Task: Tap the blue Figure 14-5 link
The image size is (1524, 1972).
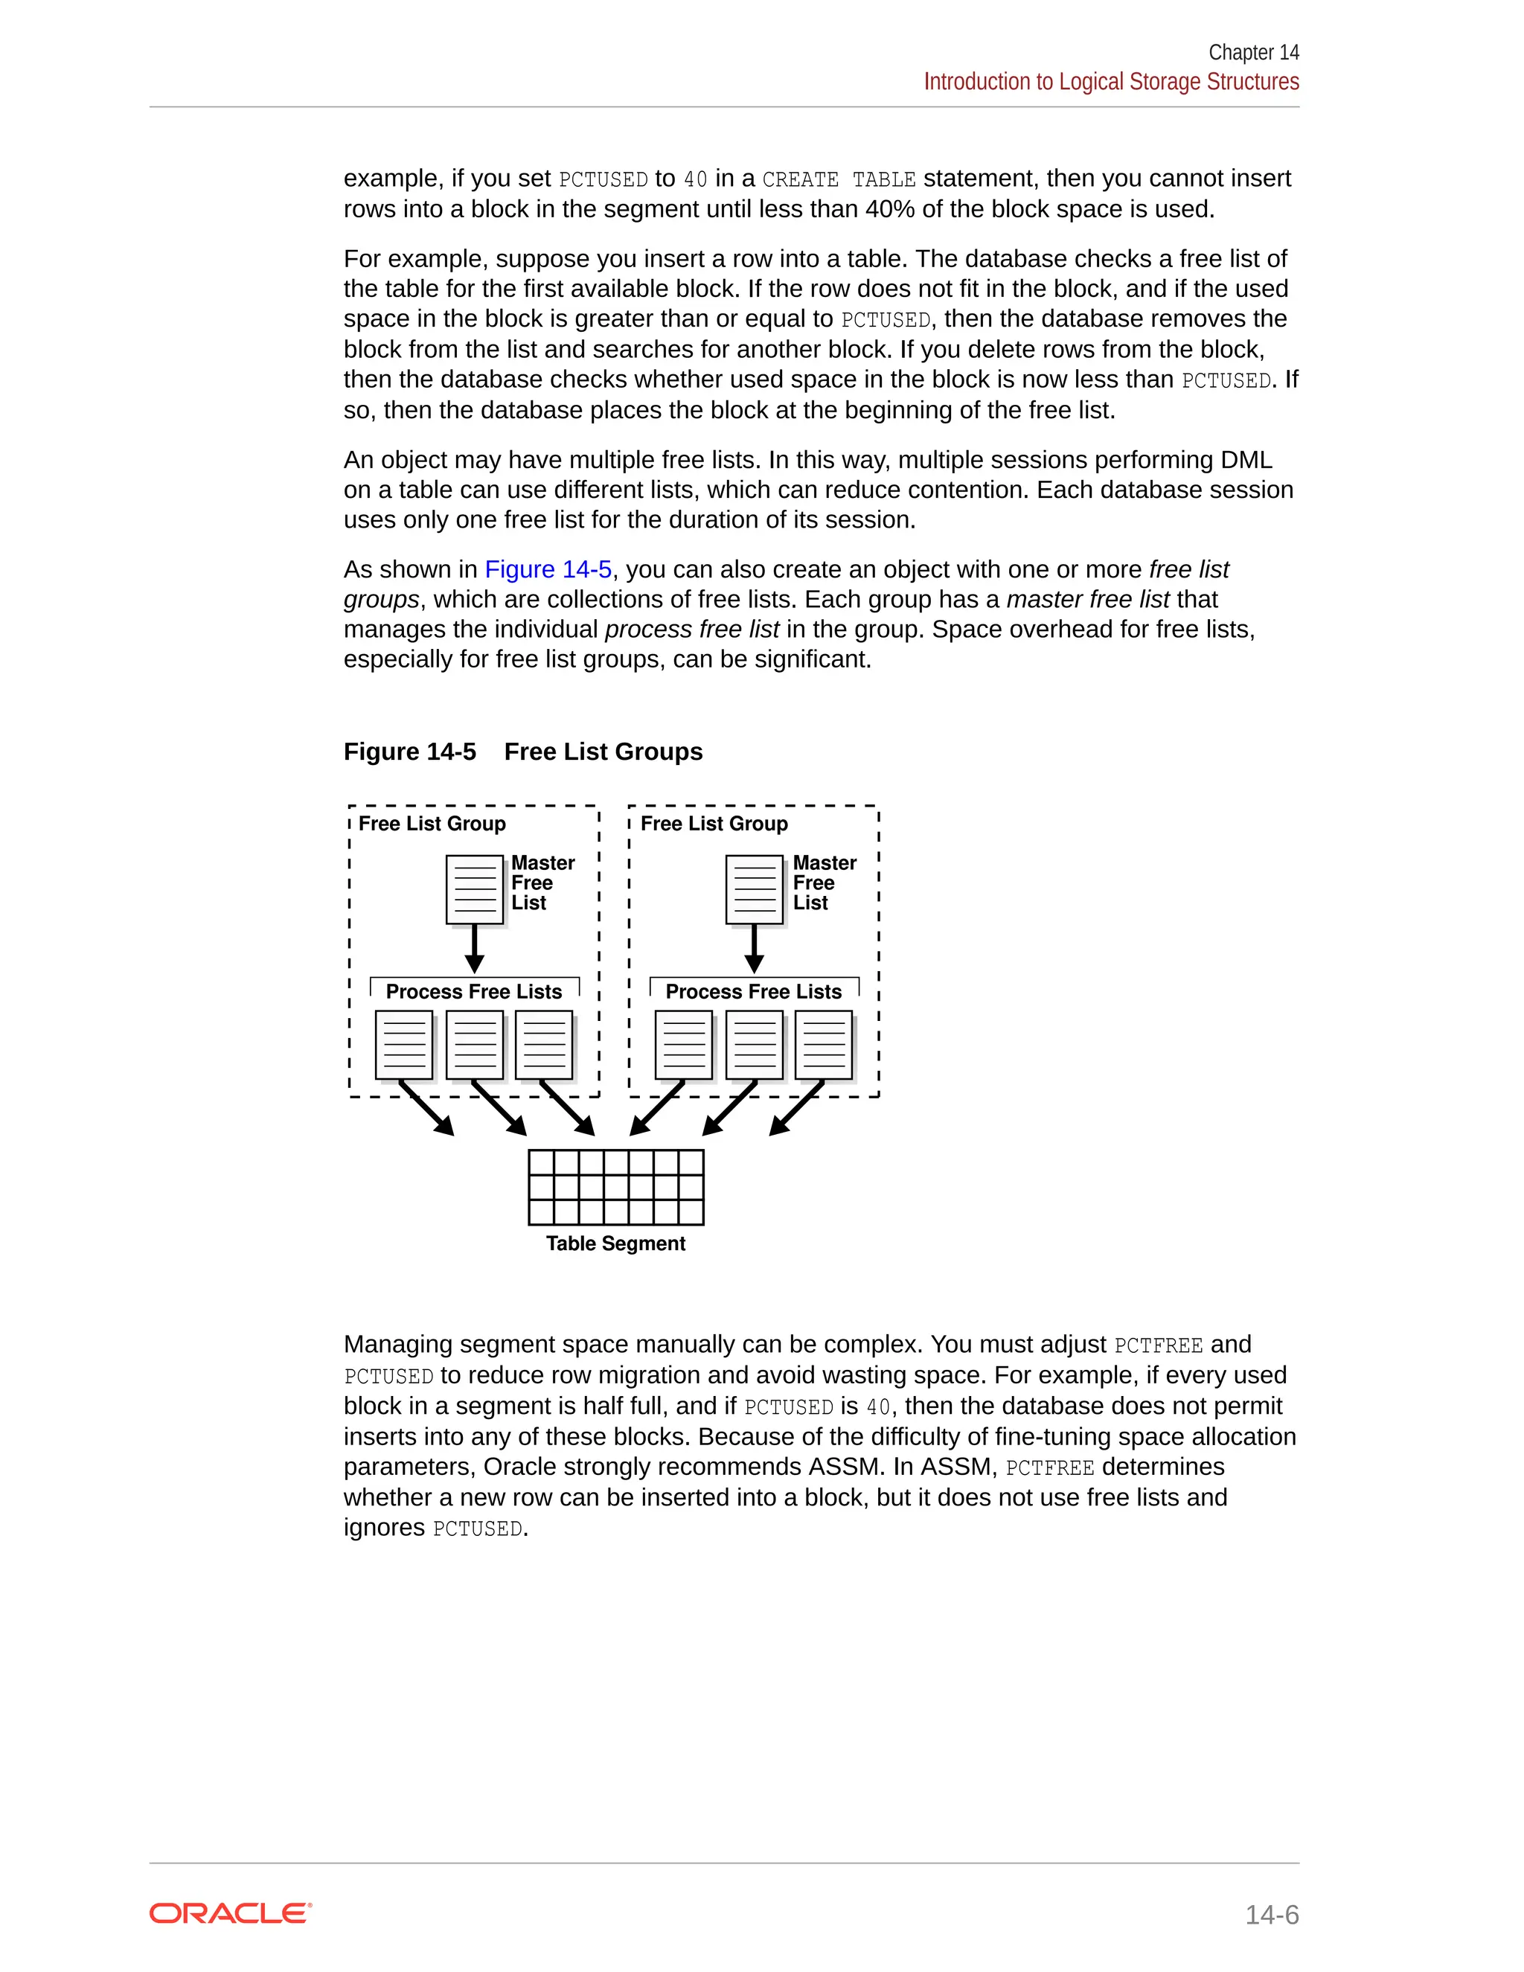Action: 548,570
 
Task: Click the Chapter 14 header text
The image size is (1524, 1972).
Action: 1253,52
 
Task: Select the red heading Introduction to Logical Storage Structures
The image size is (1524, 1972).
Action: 1110,82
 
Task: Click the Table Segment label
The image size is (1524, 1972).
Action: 615,1243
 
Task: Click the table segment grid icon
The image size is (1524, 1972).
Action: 615,1186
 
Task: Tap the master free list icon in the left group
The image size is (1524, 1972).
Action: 475,889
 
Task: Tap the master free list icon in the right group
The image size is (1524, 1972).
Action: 755,889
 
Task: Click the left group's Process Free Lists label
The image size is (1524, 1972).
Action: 474,991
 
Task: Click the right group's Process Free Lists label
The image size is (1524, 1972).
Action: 754,991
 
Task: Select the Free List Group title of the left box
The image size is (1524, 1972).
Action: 432,824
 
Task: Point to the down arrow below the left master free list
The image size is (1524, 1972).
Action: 475,948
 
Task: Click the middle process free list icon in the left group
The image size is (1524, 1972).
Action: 475,1045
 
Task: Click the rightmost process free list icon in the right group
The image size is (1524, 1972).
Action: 824,1045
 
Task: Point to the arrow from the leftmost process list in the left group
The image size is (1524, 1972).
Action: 427,1109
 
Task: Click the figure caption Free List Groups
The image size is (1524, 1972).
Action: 603,752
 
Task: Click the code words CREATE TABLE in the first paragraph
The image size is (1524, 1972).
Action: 839,179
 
